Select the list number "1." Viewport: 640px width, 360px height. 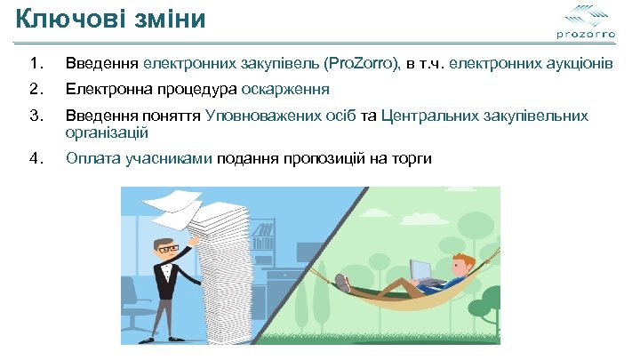35,64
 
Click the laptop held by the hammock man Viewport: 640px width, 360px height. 421,269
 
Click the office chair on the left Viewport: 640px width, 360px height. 132,306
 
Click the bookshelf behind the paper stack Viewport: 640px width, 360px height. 264,236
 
